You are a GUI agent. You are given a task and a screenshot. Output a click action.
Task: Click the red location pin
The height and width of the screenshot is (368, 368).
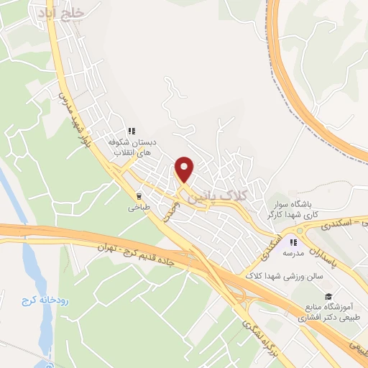185,170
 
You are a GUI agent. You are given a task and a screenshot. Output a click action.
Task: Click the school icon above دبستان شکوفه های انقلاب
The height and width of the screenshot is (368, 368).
131,131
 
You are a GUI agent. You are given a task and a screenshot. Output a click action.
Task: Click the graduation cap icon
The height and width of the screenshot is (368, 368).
328,296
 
